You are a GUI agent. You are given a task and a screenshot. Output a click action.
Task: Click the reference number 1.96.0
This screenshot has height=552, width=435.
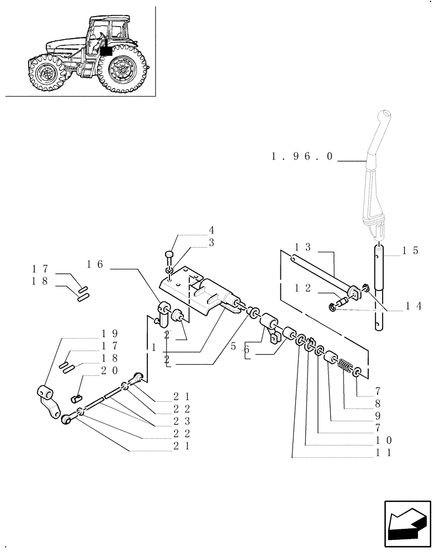pyautogui.click(x=302, y=157)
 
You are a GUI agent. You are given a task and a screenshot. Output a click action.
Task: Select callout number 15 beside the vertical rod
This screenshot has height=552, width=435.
pyautogui.click(x=410, y=251)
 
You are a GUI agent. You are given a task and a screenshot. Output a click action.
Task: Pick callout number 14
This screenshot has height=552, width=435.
pyautogui.click(x=413, y=305)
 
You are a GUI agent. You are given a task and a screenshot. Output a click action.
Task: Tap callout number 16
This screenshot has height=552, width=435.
pyautogui.click(x=94, y=264)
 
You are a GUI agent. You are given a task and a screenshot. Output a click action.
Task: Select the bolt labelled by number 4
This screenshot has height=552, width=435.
pyautogui.click(x=169, y=255)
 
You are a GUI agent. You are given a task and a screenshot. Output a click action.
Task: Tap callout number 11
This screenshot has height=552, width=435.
pyautogui.click(x=384, y=452)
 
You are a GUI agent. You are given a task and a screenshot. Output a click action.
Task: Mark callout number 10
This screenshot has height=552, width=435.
pyautogui.click(x=384, y=440)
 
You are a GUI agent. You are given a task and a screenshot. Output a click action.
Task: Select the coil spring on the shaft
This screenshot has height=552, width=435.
pyautogui.click(x=346, y=367)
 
